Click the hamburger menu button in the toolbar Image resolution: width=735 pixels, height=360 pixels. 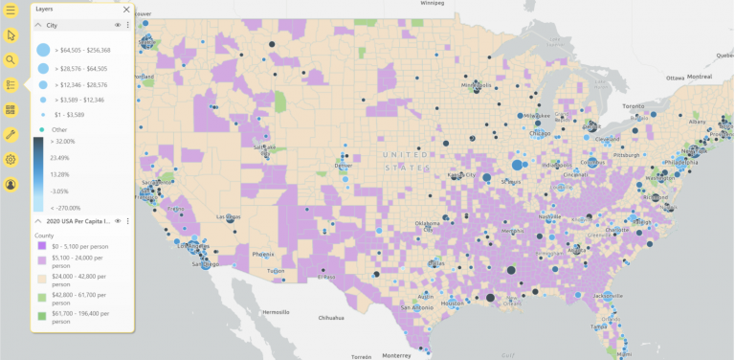(x=11, y=11)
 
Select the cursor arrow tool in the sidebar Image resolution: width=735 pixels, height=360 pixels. (x=11, y=35)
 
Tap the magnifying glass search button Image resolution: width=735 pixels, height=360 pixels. (x=11, y=60)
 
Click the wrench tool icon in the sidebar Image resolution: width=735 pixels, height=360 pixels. (x=11, y=135)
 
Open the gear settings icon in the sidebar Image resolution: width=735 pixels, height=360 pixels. (x=11, y=160)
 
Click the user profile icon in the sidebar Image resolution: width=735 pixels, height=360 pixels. (x=11, y=184)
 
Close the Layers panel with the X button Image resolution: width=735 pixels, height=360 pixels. (x=126, y=10)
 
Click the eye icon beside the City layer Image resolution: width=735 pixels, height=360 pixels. (x=118, y=25)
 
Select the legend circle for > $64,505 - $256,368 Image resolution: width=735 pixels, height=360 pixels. (x=43, y=50)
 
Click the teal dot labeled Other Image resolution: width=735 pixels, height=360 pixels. (x=42, y=129)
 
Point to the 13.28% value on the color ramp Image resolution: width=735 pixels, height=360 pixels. (x=59, y=174)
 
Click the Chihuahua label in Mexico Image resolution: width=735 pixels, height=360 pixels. (x=331, y=318)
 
